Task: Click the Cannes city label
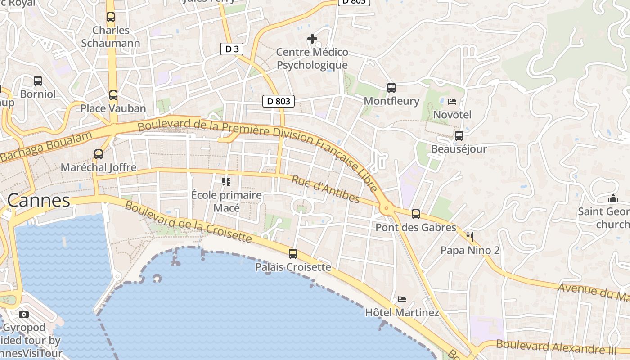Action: coord(39,201)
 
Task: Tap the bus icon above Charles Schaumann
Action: coord(111,17)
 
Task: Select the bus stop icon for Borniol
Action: coord(38,81)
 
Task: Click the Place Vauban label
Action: coord(113,108)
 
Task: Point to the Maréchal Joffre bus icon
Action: coord(99,154)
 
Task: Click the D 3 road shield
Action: coord(232,49)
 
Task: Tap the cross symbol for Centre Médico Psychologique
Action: coord(312,39)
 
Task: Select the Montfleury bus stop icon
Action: coord(391,88)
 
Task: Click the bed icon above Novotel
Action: coord(452,102)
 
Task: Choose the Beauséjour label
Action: coord(459,149)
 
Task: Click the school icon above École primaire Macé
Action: coord(226,182)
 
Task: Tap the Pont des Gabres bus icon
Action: coord(416,214)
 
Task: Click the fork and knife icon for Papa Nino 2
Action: coord(470,237)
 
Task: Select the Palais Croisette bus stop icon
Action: coord(293,254)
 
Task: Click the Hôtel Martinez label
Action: coord(402,312)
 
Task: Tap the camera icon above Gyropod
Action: coord(24,314)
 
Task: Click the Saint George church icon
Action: coord(613,198)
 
